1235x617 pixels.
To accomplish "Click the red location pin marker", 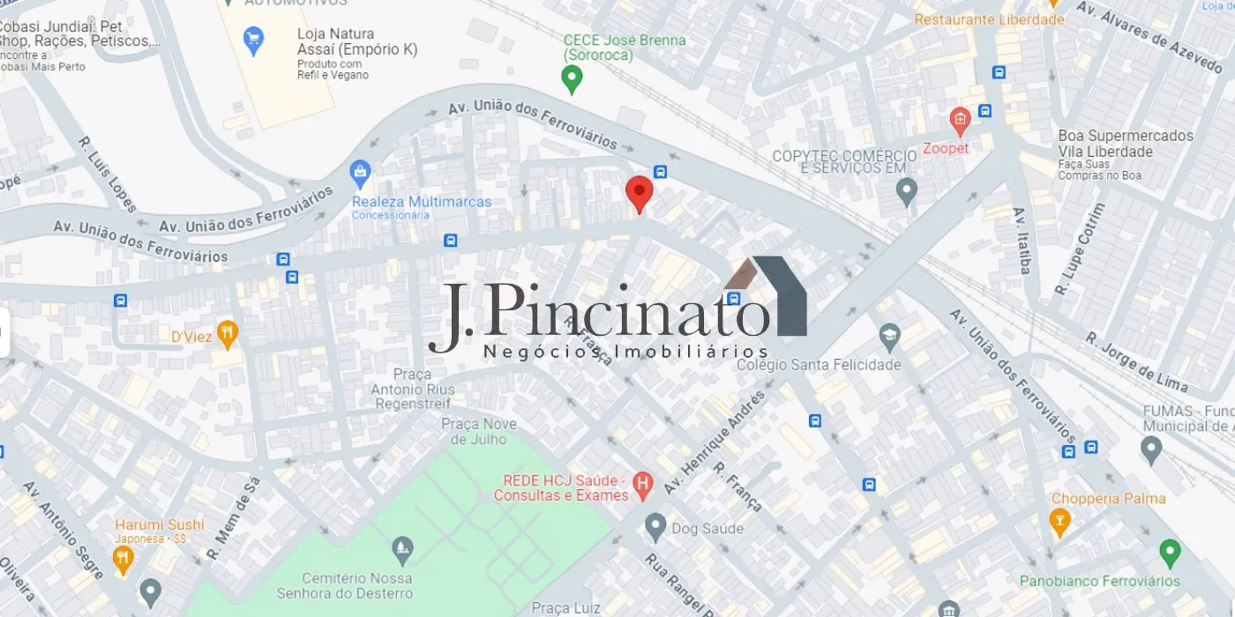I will pos(640,192).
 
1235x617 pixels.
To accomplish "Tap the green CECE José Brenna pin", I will pos(572,79).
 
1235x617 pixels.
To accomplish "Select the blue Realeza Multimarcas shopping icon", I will pos(360,173).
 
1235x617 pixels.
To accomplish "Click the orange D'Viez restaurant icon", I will pos(228,333).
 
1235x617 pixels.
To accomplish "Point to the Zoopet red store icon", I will pos(960,120).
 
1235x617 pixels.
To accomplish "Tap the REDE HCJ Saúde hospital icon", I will pos(644,483).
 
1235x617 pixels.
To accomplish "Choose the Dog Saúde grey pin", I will pos(655,527).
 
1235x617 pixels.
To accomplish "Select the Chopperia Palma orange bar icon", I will pos(1060,522).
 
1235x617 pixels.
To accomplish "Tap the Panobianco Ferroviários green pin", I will pos(1170,554).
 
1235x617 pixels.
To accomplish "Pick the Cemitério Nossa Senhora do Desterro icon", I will pos(402,550).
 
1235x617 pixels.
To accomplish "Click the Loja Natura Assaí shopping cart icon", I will pos(253,40).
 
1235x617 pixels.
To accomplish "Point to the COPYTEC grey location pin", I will pos(906,190).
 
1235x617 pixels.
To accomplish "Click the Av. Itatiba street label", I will pos(1022,241).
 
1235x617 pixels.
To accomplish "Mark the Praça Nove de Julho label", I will pos(479,431).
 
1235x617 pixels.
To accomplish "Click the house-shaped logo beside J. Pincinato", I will pos(767,295).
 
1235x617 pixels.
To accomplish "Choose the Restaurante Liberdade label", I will pos(989,19).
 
